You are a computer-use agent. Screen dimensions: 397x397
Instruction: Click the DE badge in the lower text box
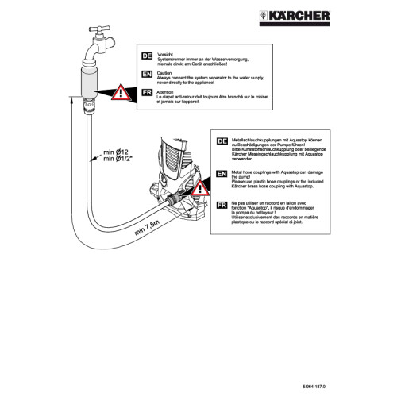tap(222, 141)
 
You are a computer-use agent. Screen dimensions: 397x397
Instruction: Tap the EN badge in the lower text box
tap(222, 171)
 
